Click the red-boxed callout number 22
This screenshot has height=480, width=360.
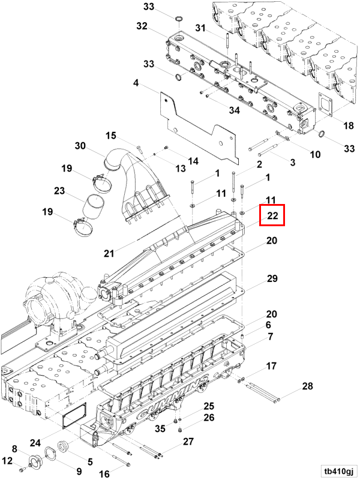point(272,215)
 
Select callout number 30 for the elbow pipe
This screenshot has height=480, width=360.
point(80,146)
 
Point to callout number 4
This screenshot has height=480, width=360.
point(136,83)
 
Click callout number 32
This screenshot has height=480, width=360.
point(142,26)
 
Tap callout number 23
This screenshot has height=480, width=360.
point(59,191)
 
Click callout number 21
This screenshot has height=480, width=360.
point(108,253)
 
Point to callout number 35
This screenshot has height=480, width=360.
point(160,428)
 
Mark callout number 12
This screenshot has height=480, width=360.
point(7,461)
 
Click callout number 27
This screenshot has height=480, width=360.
point(188,442)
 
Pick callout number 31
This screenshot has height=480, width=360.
point(200,28)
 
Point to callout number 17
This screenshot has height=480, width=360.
point(271,365)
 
